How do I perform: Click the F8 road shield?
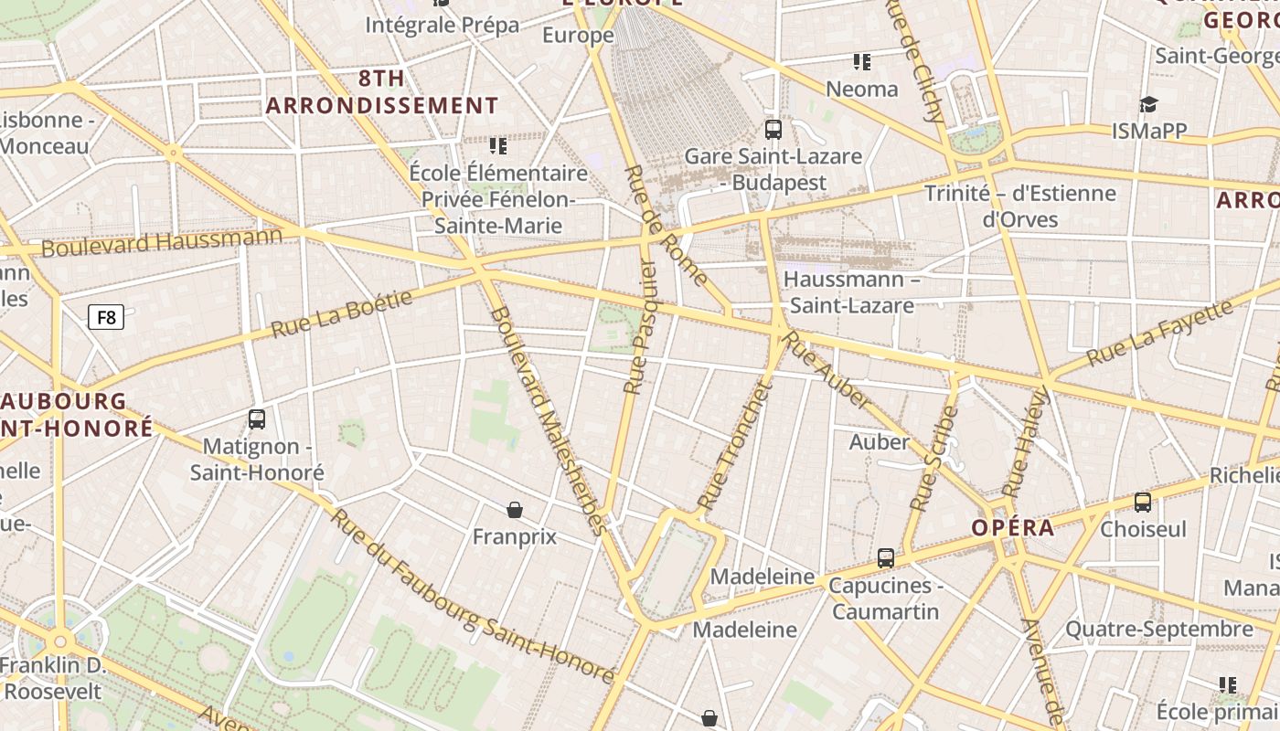pyautogui.click(x=106, y=317)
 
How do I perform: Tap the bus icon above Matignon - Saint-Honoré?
pyautogui.click(x=257, y=419)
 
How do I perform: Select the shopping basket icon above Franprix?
pyautogui.click(x=515, y=509)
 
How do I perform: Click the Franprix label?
pyautogui.click(x=514, y=536)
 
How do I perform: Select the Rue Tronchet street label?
pyautogui.click(x=735, y=445)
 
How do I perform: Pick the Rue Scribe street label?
pyautogui.click(x=934, y=458)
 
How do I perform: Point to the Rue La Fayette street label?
pyautogui.click(x=1160, y=331)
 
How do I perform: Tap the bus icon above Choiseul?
pyautogui.click(x=1143, y=502)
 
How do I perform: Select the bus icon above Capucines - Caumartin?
pyautogui.click(x=885, y=557)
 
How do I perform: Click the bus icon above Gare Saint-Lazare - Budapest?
pyautogui.click(x=773, y=129)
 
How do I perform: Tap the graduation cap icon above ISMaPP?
pyautogui.click(x=1148, y=104)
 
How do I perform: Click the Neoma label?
pyautogui.click(x=861, y=89)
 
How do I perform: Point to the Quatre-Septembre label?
pyautogui.click(x=1158, y=629)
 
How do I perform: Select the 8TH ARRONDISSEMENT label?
pyautogui.click(x=382, y=91)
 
